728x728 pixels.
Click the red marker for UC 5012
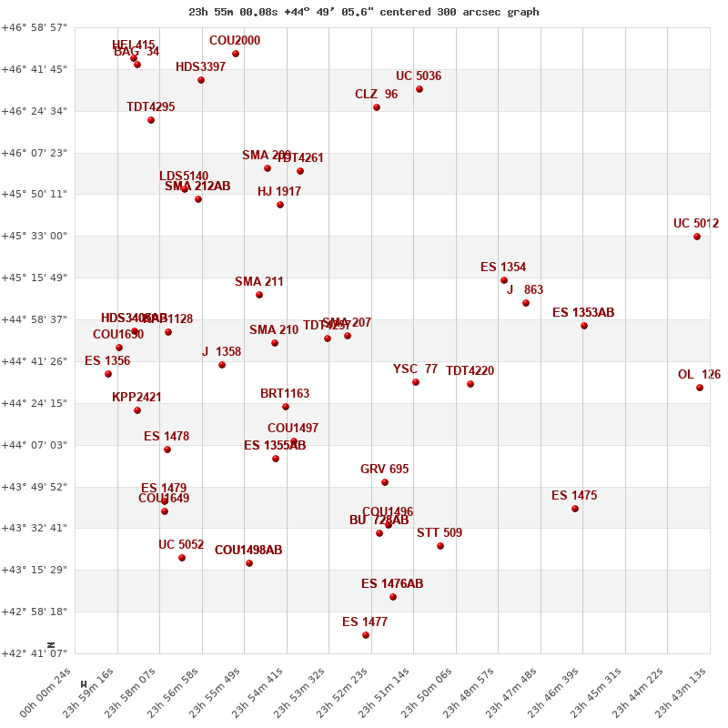pos(697,237)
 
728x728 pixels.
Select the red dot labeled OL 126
pos(700,388)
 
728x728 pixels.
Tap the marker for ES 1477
pos(366,635)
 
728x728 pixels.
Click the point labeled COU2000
pos(236,54)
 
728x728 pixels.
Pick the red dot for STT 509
pos(440,546)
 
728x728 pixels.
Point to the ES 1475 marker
pos(575,509)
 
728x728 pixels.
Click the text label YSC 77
pos(415,369)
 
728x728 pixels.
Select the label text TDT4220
pos(470,370)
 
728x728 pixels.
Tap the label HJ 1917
pos(279,191)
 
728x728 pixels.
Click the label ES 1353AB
pos(583,312)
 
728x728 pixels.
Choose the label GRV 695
pos(384,469)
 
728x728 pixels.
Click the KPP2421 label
pos(136,397)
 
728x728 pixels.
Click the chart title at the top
pos(363,12)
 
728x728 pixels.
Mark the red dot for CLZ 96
pos(377,107)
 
